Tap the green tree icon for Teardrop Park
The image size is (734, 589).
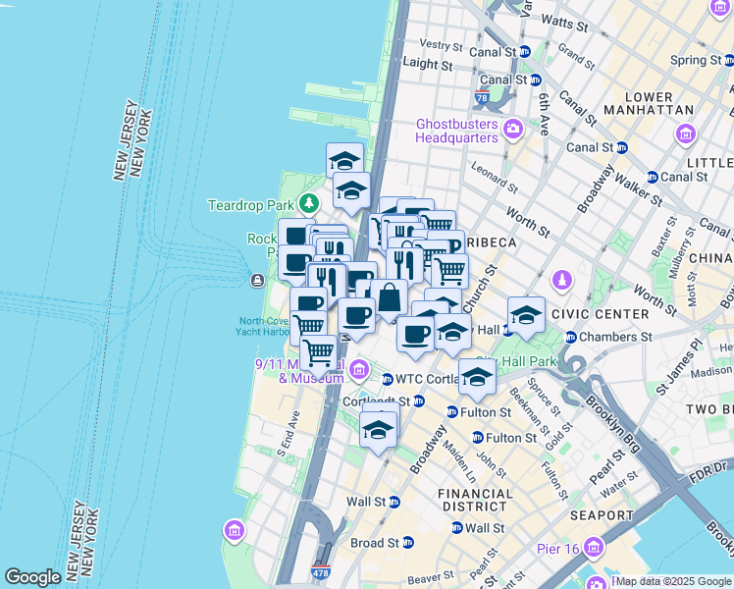point(309,204)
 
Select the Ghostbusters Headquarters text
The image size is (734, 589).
point(457,131)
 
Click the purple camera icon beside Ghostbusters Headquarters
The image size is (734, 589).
point(512,130)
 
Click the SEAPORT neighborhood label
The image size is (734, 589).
point(601,515)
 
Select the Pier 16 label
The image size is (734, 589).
point(552,547)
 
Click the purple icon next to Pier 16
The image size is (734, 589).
point(592,547)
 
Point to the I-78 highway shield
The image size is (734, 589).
point(481,97)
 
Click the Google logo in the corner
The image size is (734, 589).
point(33,577)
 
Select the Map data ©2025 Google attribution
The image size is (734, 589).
point(673,581)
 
